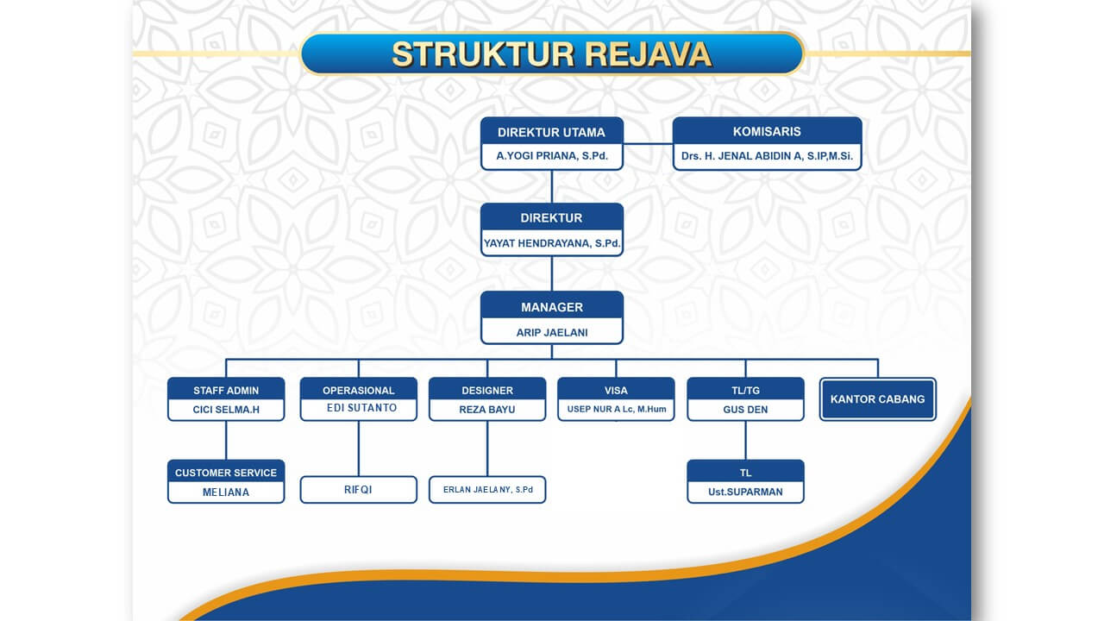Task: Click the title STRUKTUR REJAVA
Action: [552, 53]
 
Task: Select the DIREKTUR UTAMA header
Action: [551, 132]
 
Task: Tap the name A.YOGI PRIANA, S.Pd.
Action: [551, 157]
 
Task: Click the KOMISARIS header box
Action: [767, 132]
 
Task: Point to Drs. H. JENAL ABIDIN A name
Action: [767, 157]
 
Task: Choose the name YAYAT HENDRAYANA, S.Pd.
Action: [551, 244]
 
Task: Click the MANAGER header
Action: [551, 307]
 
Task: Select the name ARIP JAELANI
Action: [551, 332]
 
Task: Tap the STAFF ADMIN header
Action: [226, 391]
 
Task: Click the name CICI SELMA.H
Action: [226, 410]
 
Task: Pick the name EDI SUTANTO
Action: [358, 408]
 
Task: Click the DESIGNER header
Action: [487, 391]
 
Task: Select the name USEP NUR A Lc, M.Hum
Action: [617, 410]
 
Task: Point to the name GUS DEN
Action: [745, 410]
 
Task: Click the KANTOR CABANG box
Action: [877, 399]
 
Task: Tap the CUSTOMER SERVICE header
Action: [226, 473]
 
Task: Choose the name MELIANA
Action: [226, 492]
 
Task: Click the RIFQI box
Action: [358, 490]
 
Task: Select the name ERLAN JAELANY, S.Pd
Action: [487, 490]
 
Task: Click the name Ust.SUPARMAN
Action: [745, 492]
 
